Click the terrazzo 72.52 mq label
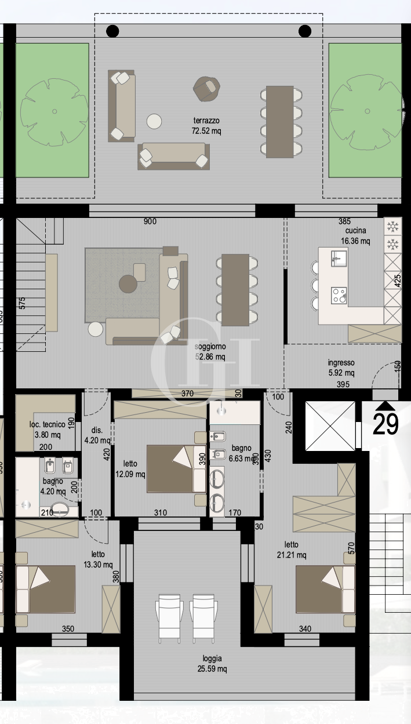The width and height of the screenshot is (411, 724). (x=207, y=126)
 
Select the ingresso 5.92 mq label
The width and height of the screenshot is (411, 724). (x=341, y=368)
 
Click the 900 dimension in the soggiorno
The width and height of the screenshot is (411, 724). (x=150, y=221)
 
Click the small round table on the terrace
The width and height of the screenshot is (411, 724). (x=154, y=121)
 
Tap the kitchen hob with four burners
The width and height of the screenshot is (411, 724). (x=339, y=295)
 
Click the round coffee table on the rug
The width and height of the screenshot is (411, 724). (x=128, y=283)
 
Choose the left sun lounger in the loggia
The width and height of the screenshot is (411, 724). (x=169, y=619)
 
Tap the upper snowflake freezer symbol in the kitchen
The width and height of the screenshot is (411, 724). (x=392, y=225)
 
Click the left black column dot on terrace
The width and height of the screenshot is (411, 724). (x=112, y=31)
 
